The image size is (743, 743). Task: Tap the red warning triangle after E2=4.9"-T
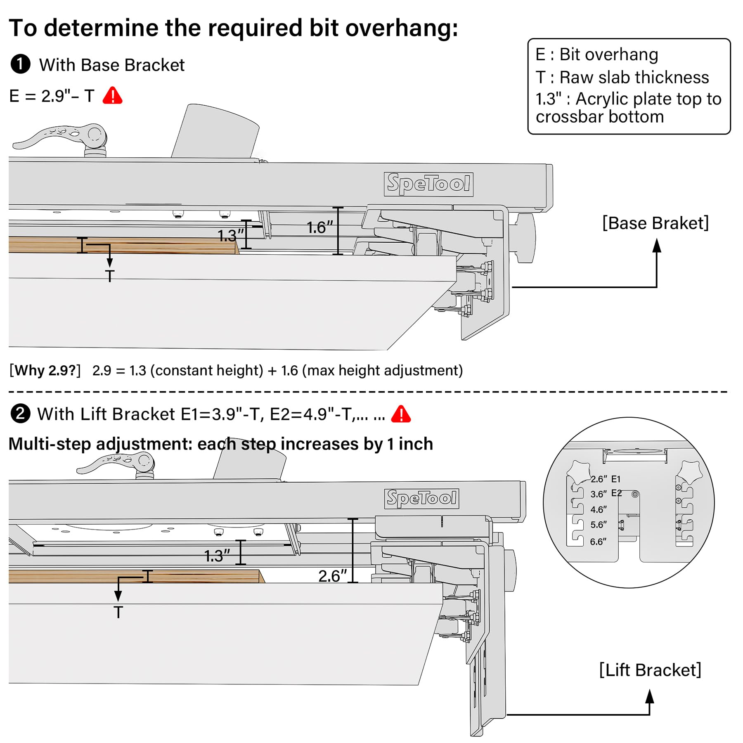click(401, 414)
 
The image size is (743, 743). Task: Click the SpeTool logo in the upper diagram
click(428, 184)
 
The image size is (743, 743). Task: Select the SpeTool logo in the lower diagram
click(421, 499)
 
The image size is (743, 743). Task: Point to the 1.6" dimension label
click(319, 227)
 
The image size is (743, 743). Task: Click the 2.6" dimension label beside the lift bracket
click(333, 576)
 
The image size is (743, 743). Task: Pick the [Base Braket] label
click(655, 223)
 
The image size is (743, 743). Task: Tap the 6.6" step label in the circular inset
click(598, 542)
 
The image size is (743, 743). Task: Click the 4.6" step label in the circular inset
click(599, 510)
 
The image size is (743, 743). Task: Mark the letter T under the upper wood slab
click(110, 276)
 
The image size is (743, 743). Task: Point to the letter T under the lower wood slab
click(118, 612)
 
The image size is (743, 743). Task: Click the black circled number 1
click(21, 64)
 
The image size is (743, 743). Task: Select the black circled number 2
click(21, 414)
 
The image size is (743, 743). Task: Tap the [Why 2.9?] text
click(45, 370)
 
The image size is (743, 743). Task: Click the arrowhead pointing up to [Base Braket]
click(657, 245)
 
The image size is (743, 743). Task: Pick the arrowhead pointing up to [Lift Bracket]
click(650, 696)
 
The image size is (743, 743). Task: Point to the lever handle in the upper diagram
click(60, 137)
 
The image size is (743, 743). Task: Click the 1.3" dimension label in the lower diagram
click(217, 556)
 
